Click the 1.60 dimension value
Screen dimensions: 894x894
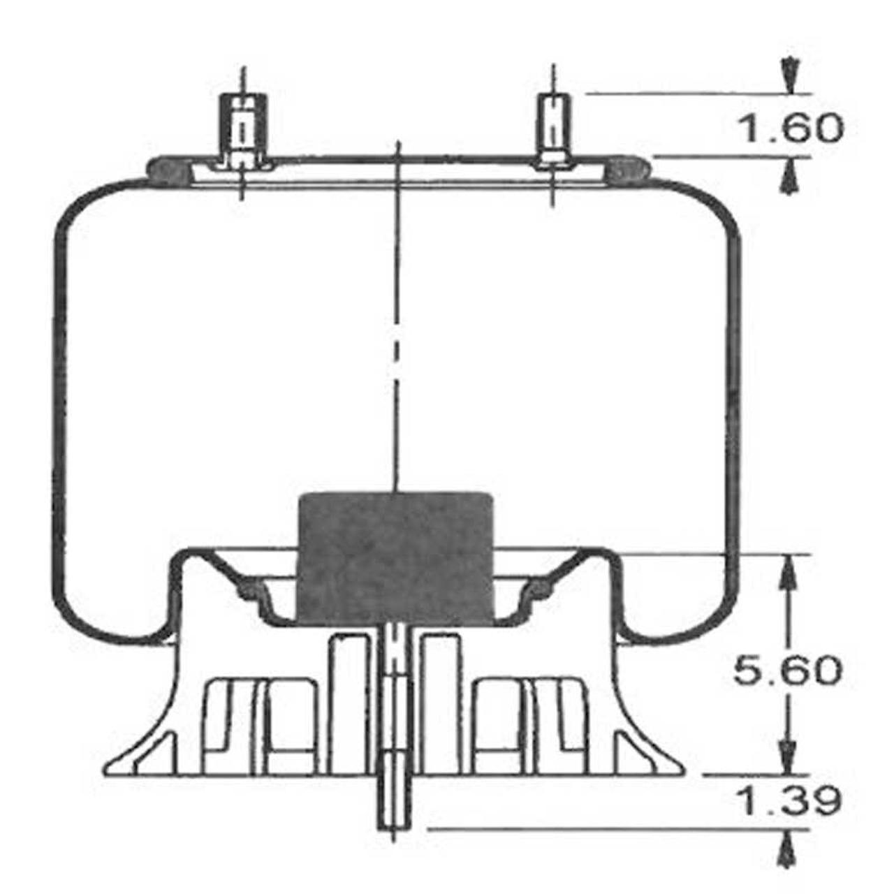tap(790, 129)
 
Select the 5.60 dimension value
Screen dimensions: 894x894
tap(787, 670)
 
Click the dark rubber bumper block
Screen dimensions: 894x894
tap(395, 559)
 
